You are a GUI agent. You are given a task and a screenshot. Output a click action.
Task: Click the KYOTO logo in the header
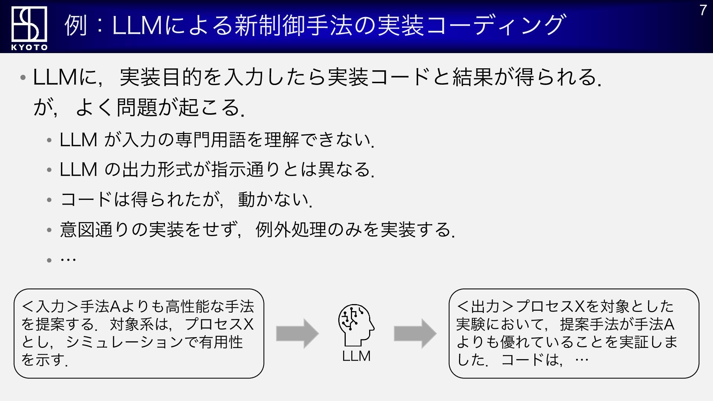point(29,28)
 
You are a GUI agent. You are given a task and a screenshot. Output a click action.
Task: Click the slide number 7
point(703,10)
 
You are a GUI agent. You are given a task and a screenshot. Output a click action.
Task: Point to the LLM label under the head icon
point(356,356)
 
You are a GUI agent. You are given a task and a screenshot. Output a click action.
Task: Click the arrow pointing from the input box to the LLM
point(297,333)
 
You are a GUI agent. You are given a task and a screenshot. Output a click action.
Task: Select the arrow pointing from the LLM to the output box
point(415,333)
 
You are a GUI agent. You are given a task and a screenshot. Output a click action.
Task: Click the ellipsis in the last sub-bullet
point(68,259)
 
